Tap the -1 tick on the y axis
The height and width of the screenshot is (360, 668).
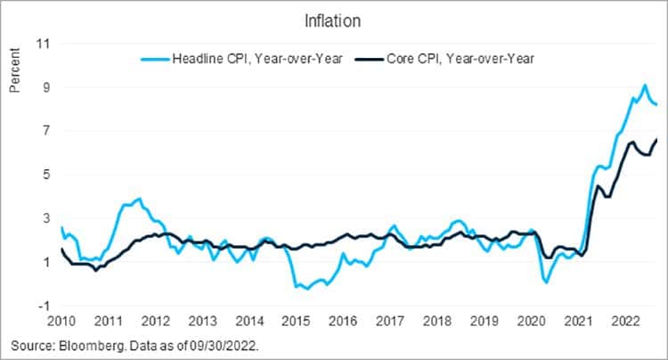coord(40,306)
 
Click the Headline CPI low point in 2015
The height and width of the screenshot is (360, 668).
coord(307,289)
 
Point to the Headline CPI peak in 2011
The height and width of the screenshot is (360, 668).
coord(139,199)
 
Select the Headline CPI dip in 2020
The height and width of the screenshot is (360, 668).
coord(545,282)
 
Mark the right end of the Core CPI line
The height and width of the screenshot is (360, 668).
coord(657,139)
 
